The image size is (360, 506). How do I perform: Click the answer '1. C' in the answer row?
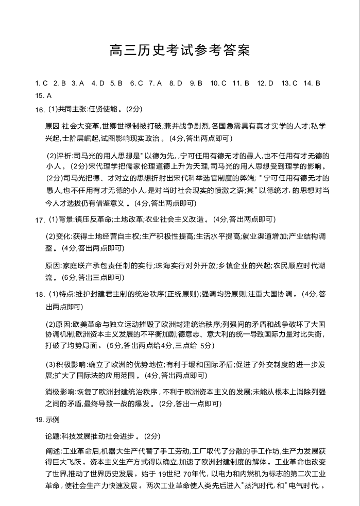coord(41,83)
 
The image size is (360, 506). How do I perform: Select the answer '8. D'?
coord(176,83)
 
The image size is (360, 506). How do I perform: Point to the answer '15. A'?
coord(43,95)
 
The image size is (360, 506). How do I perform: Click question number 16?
coord(40,110)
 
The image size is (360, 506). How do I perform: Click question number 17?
coord(40,220)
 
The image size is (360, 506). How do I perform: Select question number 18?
coord(40,295)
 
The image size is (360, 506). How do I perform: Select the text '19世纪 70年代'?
coord(180,474)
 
